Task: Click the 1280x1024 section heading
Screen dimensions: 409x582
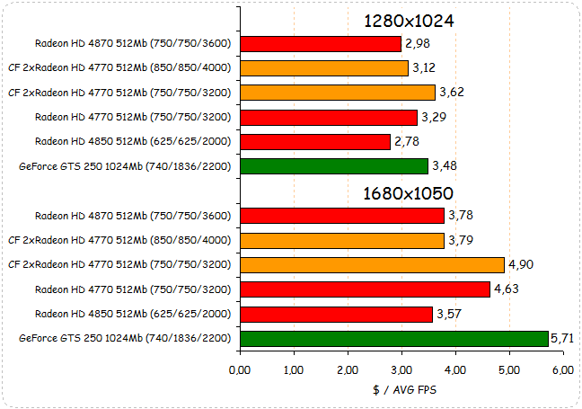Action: pyautogui.click(x=409, y=20)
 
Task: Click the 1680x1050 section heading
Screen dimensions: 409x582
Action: pyautogui.click(x=409, y=193)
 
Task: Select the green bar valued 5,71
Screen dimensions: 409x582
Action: pyautogui.click(x=393, y=338)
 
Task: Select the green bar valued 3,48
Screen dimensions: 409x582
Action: pyautogui.click(x=334, y=166)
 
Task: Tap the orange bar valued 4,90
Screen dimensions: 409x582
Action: pyautogui.click(x=372, y=264)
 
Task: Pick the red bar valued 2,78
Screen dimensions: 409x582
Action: pyautogui.click(x=315, y=141)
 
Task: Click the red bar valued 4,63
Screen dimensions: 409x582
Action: pyautogui.click(x=365, y=289)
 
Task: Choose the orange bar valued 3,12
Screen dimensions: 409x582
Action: pyautogui.click(x=324, y=67)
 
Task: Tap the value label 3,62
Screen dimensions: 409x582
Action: pyautogui.click(x=452, y=92)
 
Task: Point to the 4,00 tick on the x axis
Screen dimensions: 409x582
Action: pyautogui.click(x=455, y=369)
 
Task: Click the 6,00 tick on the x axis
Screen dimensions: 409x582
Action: pyautogui.click(x=563, y=369)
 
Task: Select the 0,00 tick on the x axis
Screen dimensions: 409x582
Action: pyautogui.click(x=240, y=369)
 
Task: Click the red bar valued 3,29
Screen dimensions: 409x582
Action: pyautogui.click(x=329, y=117)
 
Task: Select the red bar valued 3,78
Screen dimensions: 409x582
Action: pyautogui.click(x=342, y=215)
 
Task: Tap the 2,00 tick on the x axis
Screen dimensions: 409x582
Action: pyautogui.click(x=348, y=369)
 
